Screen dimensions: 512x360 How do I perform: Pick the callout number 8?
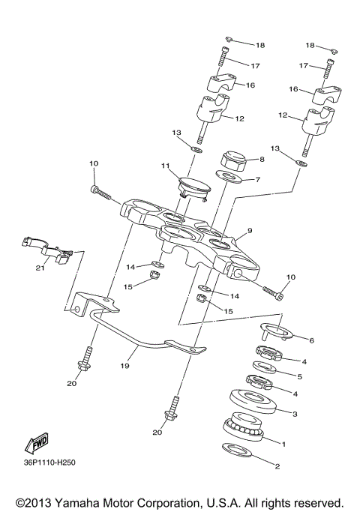click(x=261, y=160)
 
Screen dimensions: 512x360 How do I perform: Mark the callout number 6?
click(x=311, y=340)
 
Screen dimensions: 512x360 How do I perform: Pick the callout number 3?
click(x=295, y=413)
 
